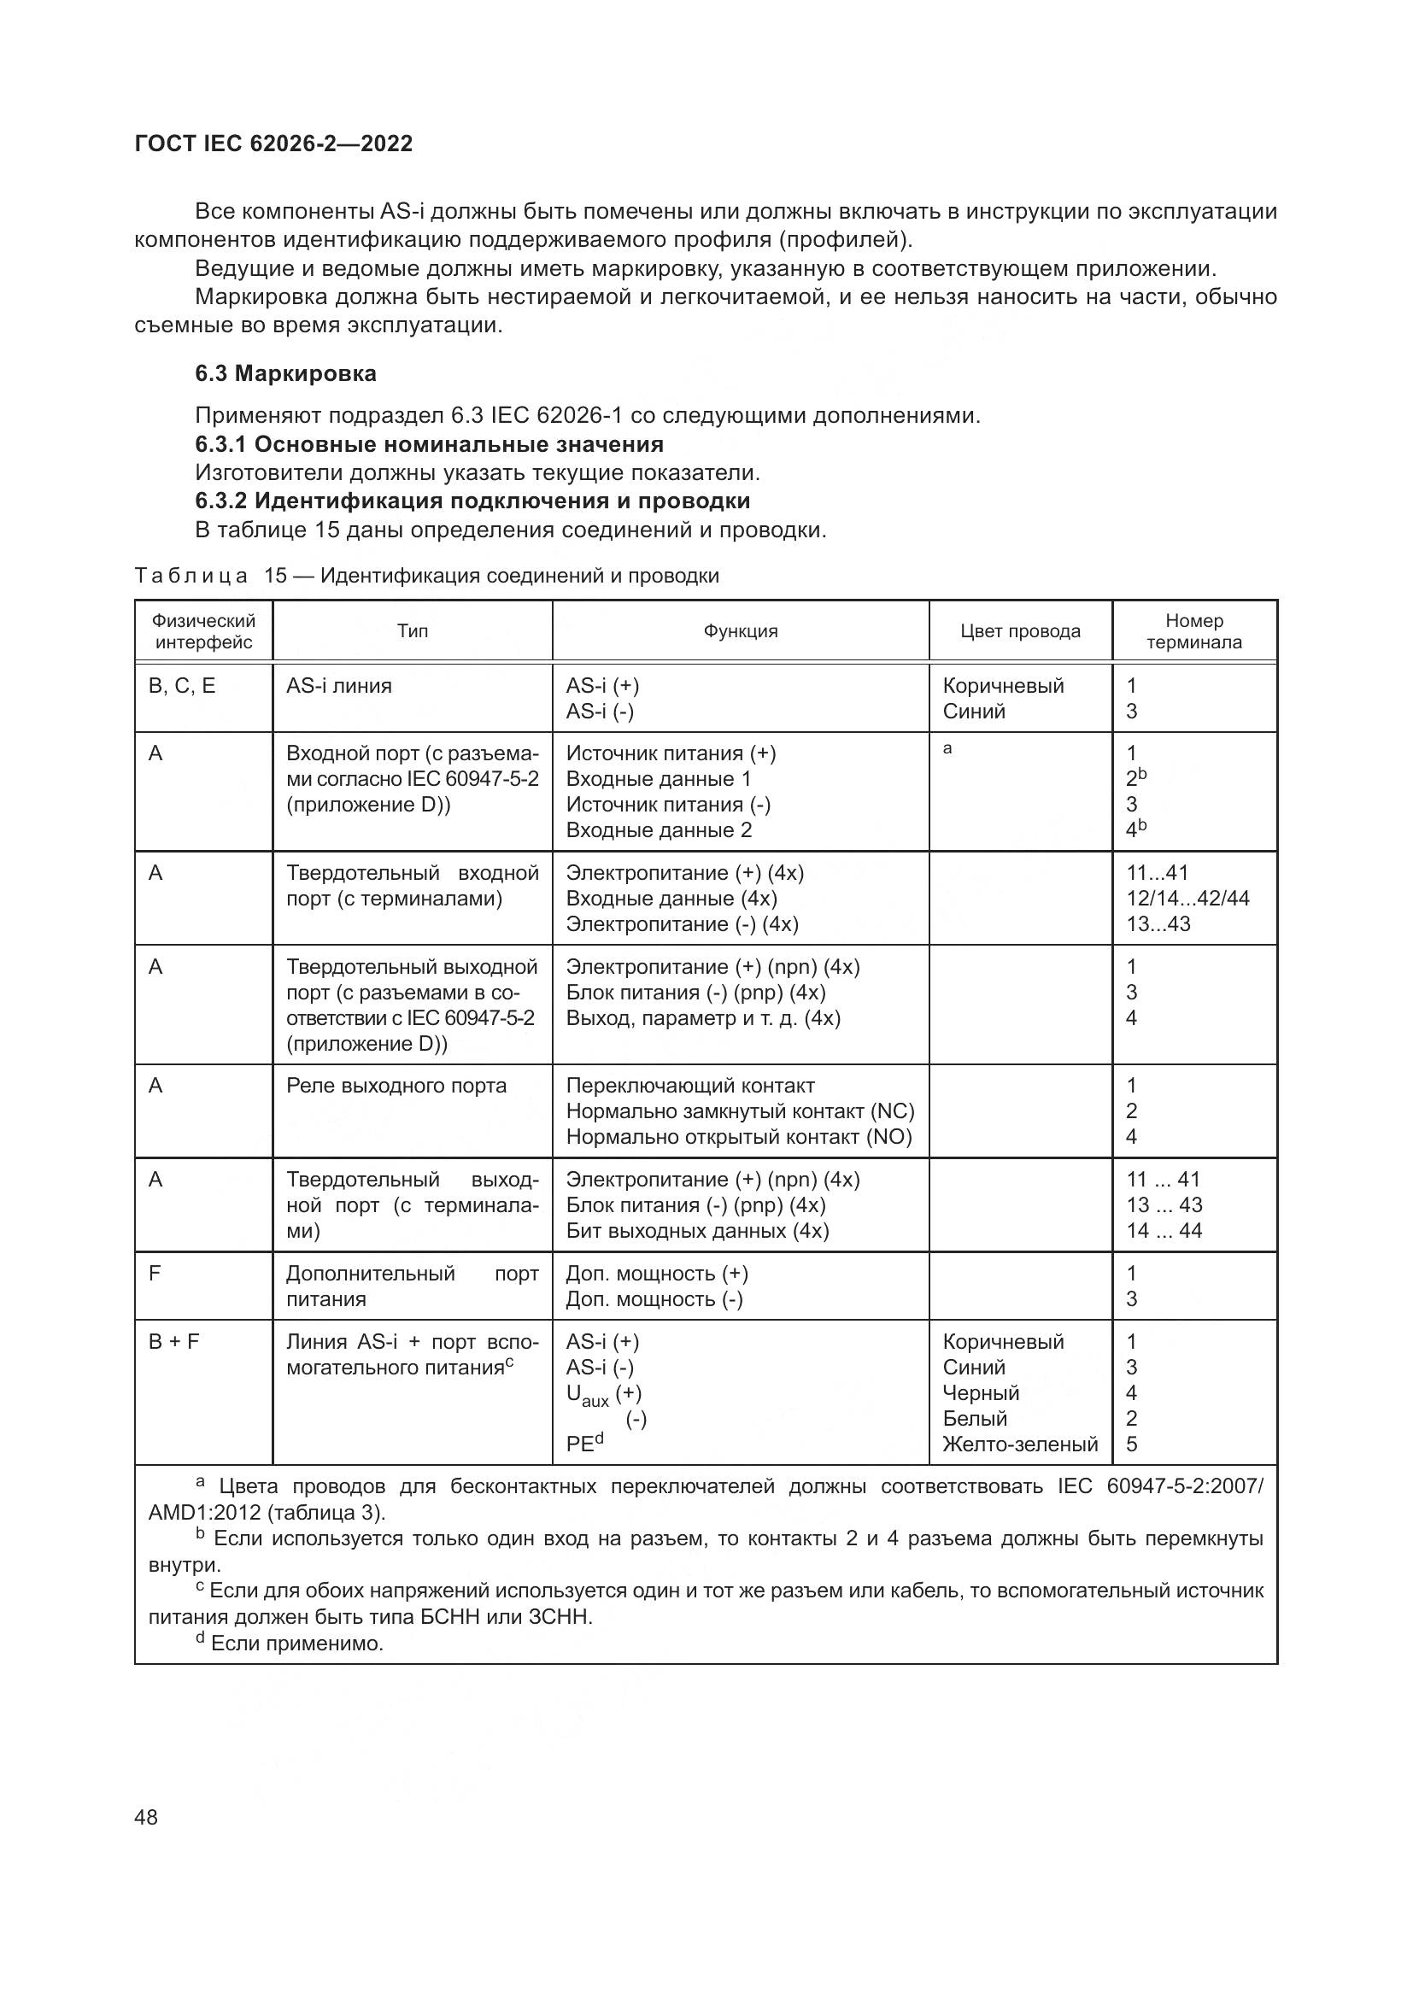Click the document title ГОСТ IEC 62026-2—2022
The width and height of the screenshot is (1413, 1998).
(x=273, y=144)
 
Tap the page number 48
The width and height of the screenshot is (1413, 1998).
(x=147, y=1817)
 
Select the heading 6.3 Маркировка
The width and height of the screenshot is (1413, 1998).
(x=285, y=374)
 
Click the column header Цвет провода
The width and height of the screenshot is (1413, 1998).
(x=1020, y=631)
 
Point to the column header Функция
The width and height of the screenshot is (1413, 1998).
(x=741, y=631)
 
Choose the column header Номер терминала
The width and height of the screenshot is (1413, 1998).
(x=1193, y=631)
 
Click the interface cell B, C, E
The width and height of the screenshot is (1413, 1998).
(x=182, y=686)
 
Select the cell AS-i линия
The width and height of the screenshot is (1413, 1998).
(x=339, y=686)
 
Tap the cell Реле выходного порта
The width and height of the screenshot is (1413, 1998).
(x=396, y=1085)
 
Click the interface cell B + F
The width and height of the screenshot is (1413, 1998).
(x=174, y=1341)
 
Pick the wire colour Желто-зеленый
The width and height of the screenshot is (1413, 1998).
(x=1020, y=1444)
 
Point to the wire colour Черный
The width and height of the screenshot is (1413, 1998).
(x=981, y=1392)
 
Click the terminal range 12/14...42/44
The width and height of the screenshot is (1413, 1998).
(x=1187, y=898)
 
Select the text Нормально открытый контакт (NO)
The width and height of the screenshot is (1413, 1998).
(x=739, y=1136)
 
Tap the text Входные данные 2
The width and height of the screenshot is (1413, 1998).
(x=659, y=829)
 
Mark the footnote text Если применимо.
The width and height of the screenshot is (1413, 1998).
(x=296, y=1643)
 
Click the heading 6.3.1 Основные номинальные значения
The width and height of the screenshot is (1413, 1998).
(x=429, y=445)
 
